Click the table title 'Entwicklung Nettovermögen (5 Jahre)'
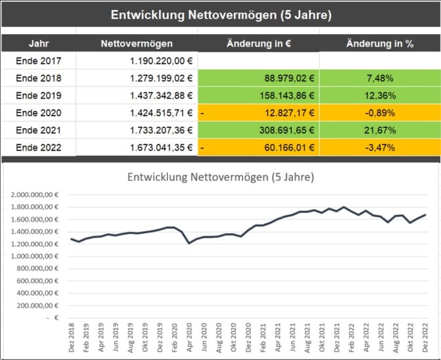pos(220,13)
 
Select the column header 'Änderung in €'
pos(258,44)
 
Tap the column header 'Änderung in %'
pos(380,44)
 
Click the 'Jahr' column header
pos(38,44)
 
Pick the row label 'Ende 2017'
pos(38,61)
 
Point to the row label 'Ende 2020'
pos(38,113)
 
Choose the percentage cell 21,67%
pos(380,130)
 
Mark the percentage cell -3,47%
pos(380,148)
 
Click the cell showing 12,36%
pos(380,96)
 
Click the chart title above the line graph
pos(220,178)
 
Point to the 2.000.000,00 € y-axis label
pos(37,194)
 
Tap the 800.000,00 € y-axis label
pos(40,268)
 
